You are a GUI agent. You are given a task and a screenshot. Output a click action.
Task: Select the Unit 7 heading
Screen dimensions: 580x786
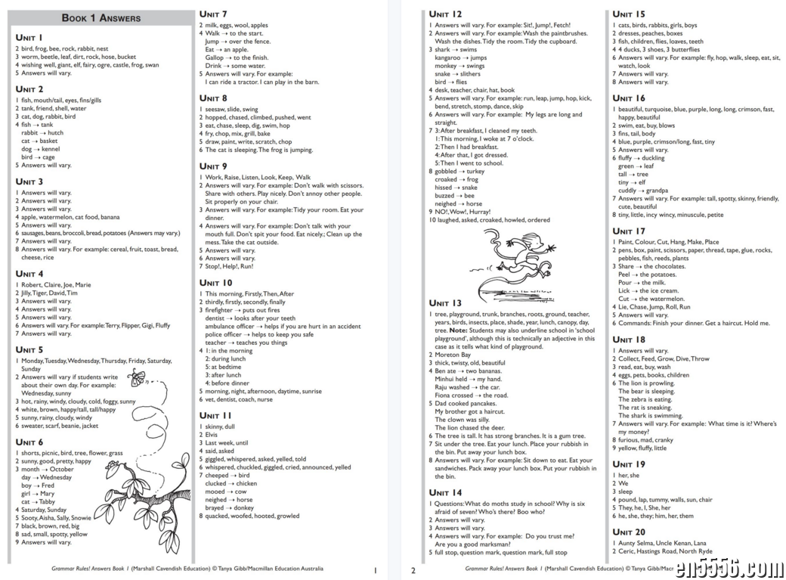[x=213, y=14]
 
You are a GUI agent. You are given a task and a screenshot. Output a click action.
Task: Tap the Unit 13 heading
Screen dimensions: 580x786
[x=445, y=303]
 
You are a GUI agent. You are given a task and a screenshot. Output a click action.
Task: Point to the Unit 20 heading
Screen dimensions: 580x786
[x=629, y=532]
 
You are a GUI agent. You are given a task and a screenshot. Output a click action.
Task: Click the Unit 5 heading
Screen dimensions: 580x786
[x=29, y=350]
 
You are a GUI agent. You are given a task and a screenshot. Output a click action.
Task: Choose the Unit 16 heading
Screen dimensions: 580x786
[x=629, y=98]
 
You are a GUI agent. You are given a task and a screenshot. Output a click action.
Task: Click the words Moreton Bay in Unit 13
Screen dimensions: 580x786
[x=453, y=355]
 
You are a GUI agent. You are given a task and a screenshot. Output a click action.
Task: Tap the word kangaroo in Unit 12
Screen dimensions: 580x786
[x=447, y=57]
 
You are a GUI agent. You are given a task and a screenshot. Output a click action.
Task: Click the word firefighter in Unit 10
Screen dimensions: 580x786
[x=219, y=310]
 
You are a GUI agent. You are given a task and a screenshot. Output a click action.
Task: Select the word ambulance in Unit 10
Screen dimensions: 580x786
[x=223, y=326]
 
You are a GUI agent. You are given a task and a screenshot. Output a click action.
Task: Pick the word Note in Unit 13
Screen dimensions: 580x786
[x=459, y=330]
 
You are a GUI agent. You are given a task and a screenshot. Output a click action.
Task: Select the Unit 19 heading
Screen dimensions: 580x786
[x=629, y=464]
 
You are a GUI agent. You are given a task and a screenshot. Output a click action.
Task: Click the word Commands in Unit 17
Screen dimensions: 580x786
[x=635, y=323]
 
